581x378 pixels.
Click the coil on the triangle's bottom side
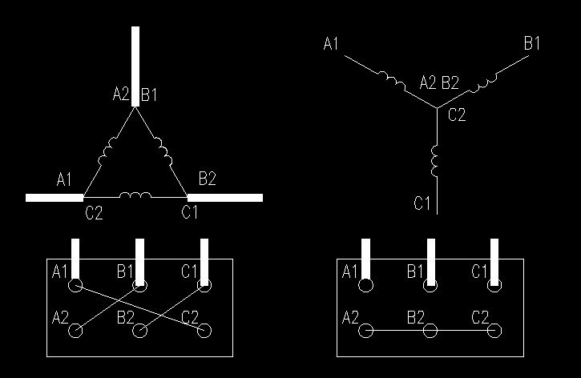(135, 195)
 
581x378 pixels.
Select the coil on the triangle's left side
(107, 151)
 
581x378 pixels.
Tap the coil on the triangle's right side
(163, 151)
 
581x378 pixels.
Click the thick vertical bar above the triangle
(135, 66)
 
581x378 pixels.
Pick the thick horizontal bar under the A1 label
(54, 198)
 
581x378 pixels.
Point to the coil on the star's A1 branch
(392, 79)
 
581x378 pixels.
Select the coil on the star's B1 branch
(483, 83)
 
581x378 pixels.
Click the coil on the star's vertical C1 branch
(435, 161)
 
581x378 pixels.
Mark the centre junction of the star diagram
(438, 108)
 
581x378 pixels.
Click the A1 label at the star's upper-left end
(331, 44)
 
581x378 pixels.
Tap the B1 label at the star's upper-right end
(532, 43)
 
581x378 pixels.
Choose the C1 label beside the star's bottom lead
(422, 203)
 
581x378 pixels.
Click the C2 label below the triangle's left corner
(94, 213)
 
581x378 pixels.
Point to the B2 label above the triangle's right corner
(207, 179)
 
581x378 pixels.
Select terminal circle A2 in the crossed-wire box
(75, 331)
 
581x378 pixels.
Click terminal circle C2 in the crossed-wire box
(204, 331)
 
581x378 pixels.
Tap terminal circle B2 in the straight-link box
(430, 331)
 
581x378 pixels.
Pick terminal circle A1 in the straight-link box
(365, 285)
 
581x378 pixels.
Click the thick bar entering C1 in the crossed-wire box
(204, 262)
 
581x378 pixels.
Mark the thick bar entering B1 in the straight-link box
(431, 262)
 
